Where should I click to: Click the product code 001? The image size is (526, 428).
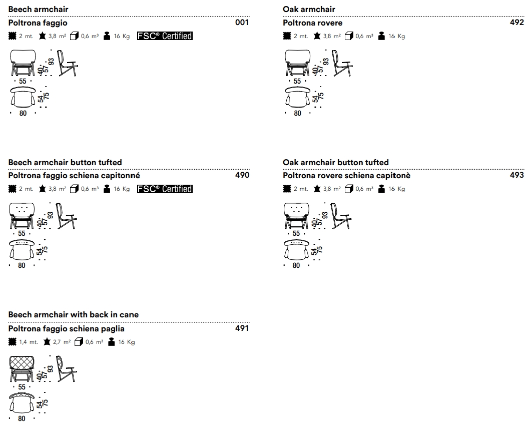tap(242, 23)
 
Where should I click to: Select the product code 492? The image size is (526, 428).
tap(516, 23)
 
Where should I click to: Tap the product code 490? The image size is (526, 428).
tap(242, 175)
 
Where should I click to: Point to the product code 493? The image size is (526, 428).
tap(516, 175)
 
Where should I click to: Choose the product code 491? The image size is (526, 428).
tap(242, 328)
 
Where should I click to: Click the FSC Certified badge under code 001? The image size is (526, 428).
tap(165, 36)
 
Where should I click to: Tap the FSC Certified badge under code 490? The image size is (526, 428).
tap(165, 189)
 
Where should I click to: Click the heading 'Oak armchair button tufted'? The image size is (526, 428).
tap(335, 162)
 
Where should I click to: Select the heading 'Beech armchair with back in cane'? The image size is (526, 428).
tap(74, 314)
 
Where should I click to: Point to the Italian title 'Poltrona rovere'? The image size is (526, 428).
tap(312, 23)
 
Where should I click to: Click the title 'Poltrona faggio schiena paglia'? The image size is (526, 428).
tap(67, 329)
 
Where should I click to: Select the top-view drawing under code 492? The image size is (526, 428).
tap(297, 97)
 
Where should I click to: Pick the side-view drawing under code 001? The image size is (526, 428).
tap(67, 64)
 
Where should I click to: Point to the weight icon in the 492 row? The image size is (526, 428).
tap(382, 36)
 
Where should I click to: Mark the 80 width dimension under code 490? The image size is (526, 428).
tap(22, 266)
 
